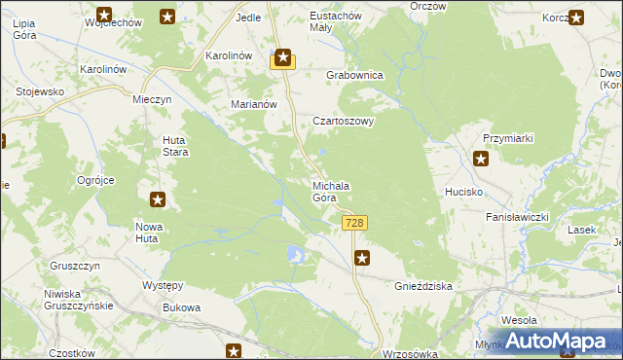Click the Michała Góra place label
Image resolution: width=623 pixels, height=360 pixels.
click(x=330, y=192)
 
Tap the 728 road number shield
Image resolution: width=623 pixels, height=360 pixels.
click(x=354, y=224)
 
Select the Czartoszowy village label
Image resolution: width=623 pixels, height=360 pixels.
click(x=344, y=122)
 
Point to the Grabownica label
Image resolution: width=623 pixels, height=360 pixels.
click(x=355, y=75)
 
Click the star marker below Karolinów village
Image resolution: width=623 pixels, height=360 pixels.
click(x=282, y=59)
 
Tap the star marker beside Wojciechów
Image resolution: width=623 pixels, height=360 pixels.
click(x=167, y=17)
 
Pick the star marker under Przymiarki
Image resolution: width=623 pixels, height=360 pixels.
click(x=481, y=159)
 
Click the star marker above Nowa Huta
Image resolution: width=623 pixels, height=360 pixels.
click(x=158, y=199)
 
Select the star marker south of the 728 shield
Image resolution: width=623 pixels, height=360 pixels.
click(x=362, y=258)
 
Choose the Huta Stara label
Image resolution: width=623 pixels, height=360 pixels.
click(x=174, y=146)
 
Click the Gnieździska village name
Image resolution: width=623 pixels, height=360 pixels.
click(x=423, y=287)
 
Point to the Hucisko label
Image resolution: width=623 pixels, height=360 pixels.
click(x=464, y=192)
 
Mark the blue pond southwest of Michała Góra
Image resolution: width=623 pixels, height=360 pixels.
click(x=295, y=255)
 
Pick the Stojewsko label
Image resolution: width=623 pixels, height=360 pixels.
click(x=40, y=91)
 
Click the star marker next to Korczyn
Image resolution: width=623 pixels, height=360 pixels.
click(x=576, y=17)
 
